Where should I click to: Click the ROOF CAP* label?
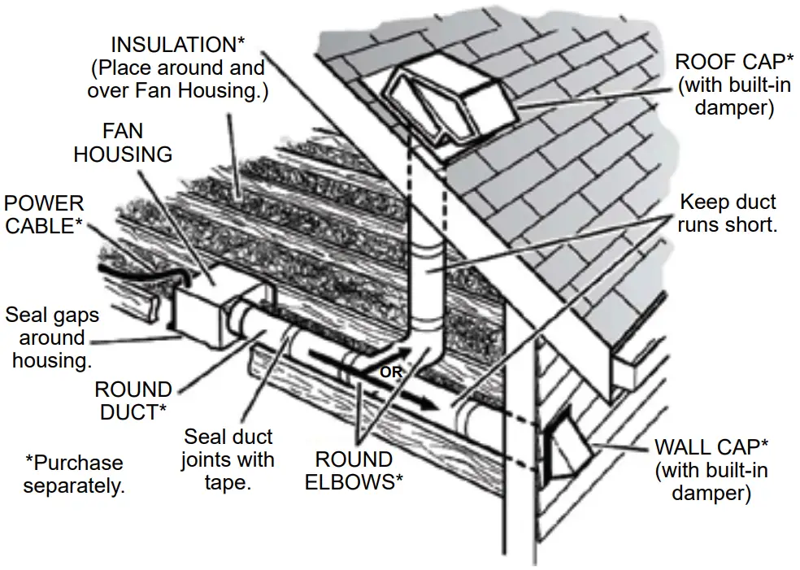[723, 62]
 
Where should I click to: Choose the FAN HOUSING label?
[123, 142]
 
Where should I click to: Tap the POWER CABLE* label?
[45, 214]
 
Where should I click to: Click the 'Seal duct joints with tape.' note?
[228, 459]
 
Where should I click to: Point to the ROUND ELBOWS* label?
[354, 470]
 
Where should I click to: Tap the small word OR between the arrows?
[391, 372]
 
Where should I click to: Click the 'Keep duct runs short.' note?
[727, 213]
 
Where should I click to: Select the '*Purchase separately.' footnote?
[74, 474]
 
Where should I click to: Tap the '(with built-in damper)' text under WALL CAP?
[711, 481]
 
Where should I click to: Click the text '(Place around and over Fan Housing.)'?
[178, 79]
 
